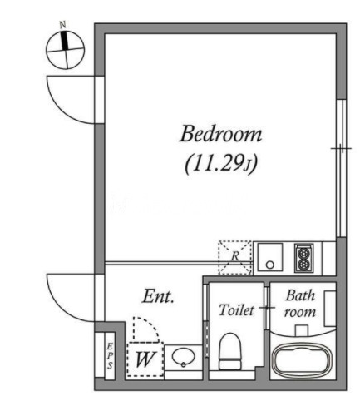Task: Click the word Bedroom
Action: pyautogui.click(x=221, y=134)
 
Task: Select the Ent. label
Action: pyautogui.click(x=158, y=296)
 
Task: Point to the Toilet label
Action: pyautogui.click(x=236, y=309)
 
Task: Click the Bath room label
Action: pyautogui.click(x=300, y=304)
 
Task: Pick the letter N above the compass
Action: pyautogui.click(x=63, y=25)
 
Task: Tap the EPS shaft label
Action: pyautogui.click(x=110, y=356)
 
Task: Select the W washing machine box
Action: pyautogui.click(x=145, y=359)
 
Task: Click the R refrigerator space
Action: pyautogui.click(x=235, y=257)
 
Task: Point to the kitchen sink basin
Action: pyautogui.click(x=270, y=257)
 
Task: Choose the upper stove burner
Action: pyautogui.click(x=304, y=253)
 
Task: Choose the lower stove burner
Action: pyautogui.click(x=304, y=264)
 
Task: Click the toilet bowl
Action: pyautogui.click(x=230, y=350)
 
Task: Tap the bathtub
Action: pyautogui.click(x=303, y=359)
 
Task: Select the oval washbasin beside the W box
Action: pyautogui.click(x=183, y=356)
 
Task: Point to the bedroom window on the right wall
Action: pyautogui.click(x=342, y=168)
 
